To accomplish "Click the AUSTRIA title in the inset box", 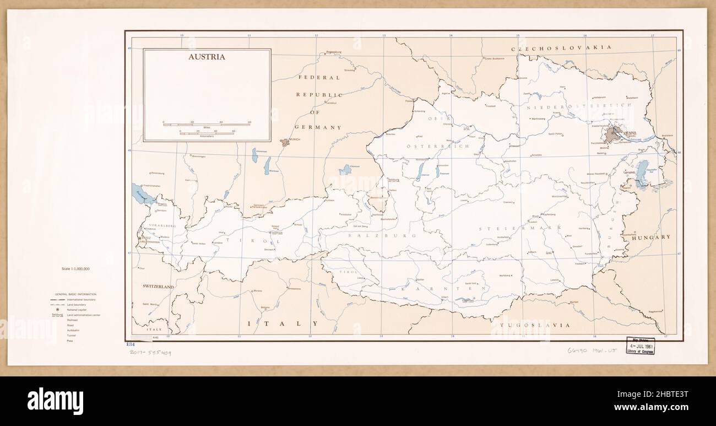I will (x=207, y=57).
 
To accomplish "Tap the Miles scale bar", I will (x=207, y=124).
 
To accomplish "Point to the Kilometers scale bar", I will (x=207, y=133).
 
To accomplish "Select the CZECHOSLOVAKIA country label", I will (x=562, y=48).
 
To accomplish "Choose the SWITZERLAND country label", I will (x=158, y=287).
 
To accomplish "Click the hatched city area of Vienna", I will (x=612, y=134).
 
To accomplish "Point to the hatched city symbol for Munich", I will (x=285, y=142).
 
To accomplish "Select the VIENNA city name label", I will (x=630, y=133).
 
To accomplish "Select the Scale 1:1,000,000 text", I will (x=76, y=268).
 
